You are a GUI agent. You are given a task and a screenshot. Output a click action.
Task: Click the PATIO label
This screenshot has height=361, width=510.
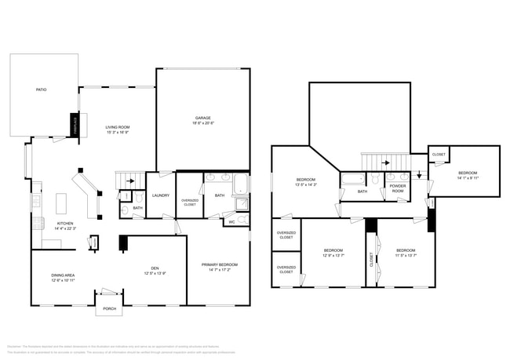point(41,90)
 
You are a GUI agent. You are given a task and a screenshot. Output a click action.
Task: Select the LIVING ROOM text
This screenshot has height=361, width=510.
point(118,127)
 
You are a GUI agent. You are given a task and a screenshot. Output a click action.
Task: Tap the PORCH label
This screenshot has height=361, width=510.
point(110,308)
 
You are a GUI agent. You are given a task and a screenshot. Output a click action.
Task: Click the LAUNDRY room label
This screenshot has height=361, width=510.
point(161,195)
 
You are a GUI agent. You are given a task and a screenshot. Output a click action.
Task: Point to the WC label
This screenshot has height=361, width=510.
point(231,222)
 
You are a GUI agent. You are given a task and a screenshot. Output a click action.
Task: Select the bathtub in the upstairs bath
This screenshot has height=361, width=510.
point(352,179)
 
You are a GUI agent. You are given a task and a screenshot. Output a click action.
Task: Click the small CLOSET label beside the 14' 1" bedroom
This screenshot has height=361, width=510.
point(439,155)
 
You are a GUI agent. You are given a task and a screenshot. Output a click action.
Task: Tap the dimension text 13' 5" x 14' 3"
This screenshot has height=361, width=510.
point(306,184)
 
